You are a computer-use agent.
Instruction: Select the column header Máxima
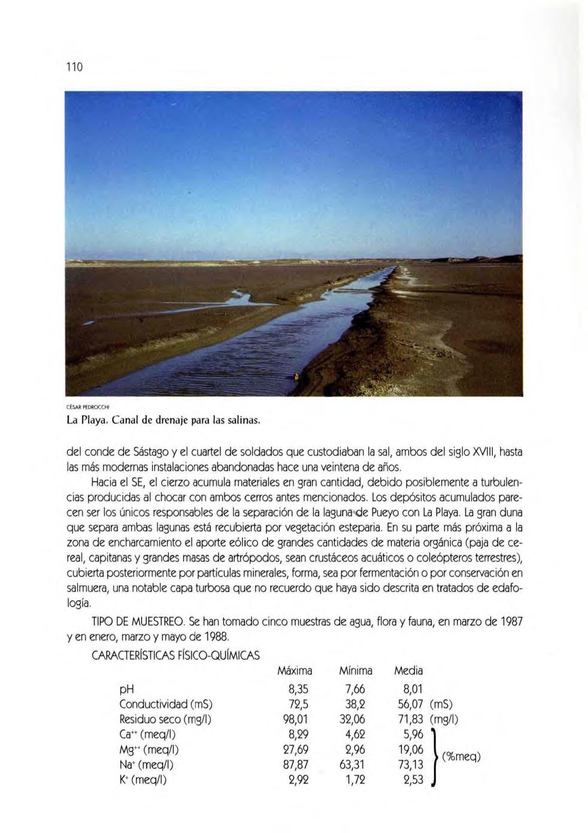[x=295, y=671]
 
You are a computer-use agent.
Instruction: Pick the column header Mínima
[x=355, y=671]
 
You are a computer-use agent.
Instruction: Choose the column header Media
[x=408, y=671]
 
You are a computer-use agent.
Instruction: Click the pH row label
[x=126, y=689]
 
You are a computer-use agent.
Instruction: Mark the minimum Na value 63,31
[x=352, y=765]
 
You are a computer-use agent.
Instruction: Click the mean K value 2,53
[x=413, y=780]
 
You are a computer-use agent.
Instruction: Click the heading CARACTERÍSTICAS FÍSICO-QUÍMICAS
[x=175, y=655]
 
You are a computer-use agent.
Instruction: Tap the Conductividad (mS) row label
[x=166, y=704]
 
